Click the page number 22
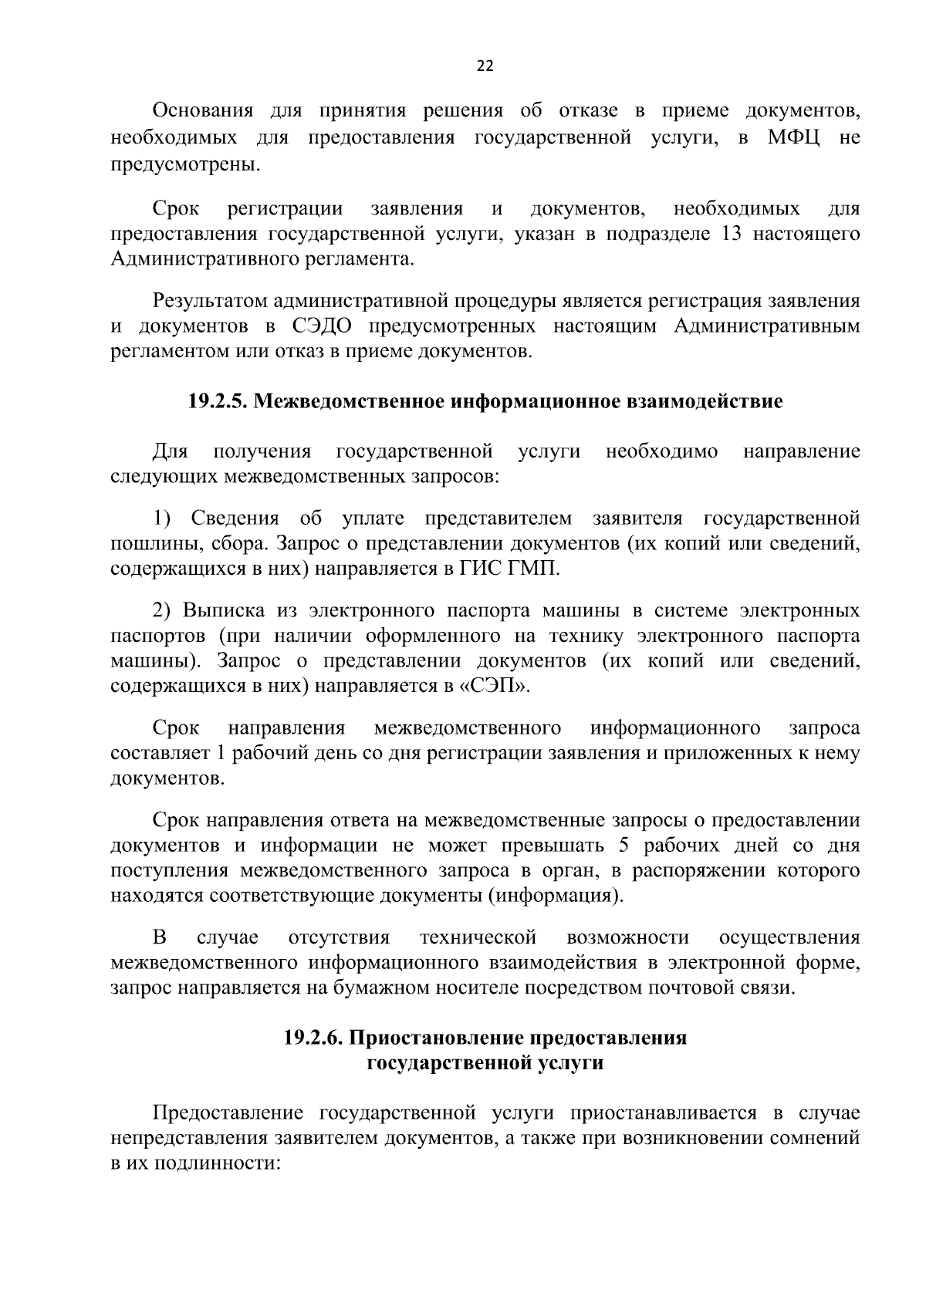pos(485,66)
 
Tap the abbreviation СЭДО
pos(323,326)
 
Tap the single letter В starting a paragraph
pos(160,938)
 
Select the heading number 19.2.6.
pos(313,1038)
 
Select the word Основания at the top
pos(203,112)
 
